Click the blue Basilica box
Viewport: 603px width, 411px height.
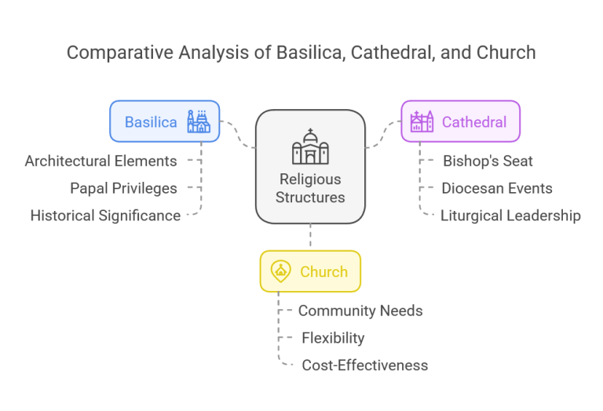point(164,121)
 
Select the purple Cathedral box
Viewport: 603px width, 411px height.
point(460,121)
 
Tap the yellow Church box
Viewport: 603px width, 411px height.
point(310,271)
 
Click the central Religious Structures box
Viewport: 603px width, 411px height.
point(310,166)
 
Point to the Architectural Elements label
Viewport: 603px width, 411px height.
point(100,161)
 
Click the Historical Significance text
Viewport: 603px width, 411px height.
point(105,215)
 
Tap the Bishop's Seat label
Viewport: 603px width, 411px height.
point(488,161)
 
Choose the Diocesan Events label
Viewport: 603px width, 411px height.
point(496,188)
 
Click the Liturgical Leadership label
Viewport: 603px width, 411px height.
point(510,215)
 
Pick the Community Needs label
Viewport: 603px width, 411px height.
point(360,311)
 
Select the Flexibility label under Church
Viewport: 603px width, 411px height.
point(333,338)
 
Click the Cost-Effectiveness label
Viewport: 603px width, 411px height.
point(365,365)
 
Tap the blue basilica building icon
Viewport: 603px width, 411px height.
point(198,121)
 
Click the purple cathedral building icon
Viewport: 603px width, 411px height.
point(422,121)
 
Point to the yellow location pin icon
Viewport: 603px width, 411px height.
point(280,271)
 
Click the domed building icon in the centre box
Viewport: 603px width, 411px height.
point(310,147)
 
